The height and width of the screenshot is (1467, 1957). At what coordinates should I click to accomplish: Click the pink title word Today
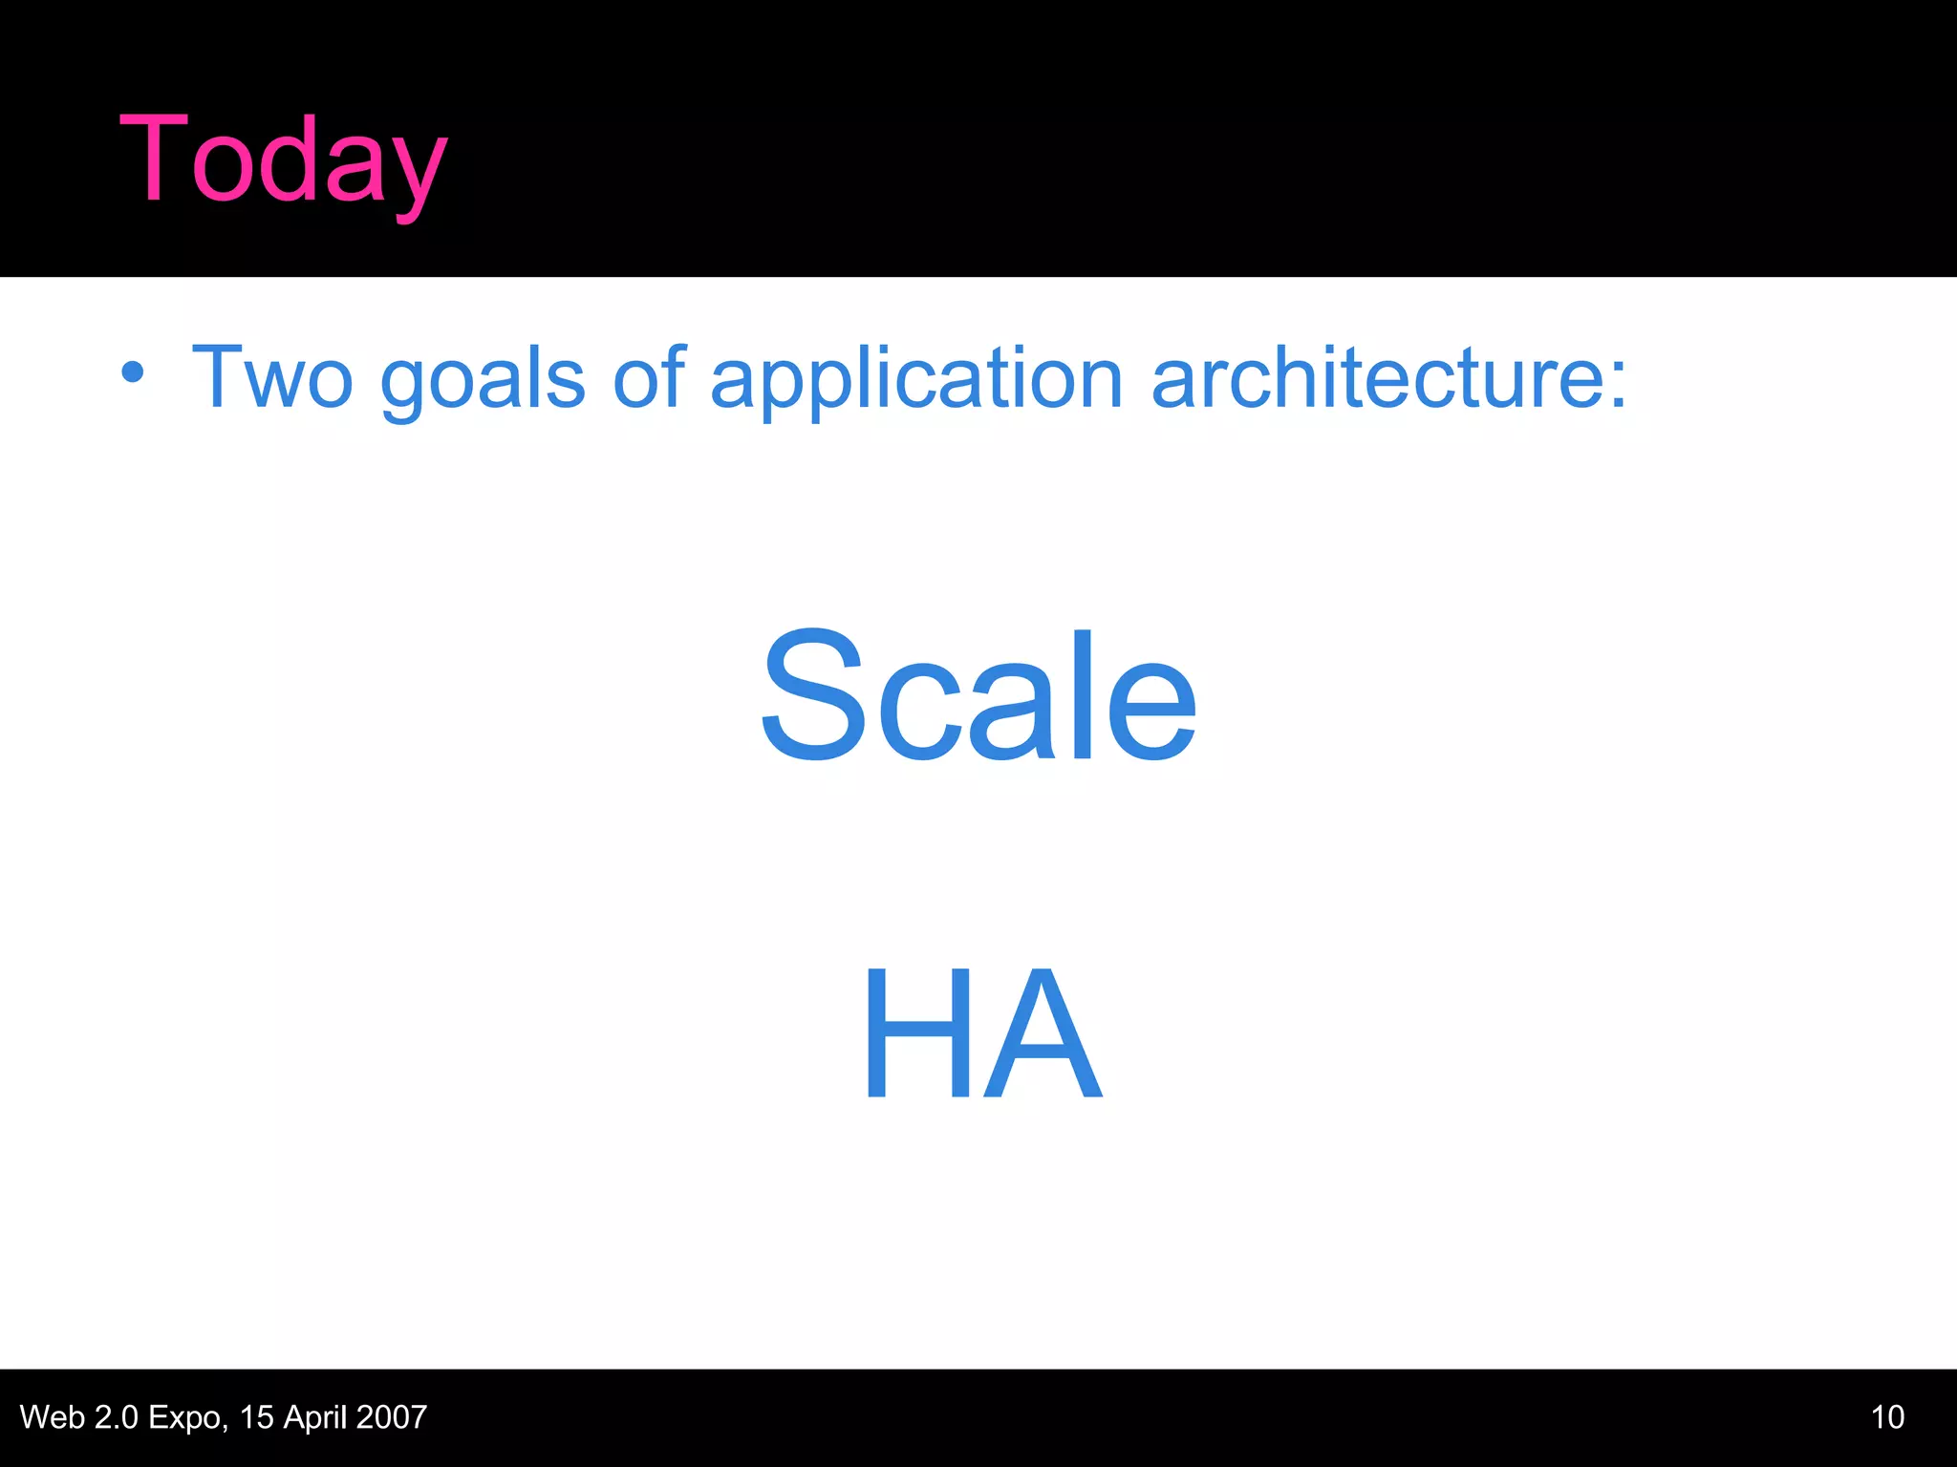(283, 160)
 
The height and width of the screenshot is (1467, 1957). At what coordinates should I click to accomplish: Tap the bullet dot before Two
(133, 372)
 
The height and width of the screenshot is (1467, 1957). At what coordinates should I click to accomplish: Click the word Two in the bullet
(272, 378)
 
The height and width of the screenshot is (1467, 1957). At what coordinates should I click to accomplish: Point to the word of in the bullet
(649, 376)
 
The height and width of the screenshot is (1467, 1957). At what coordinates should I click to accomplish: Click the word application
(916, 380)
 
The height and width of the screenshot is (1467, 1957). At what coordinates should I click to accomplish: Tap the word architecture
(1376, 378)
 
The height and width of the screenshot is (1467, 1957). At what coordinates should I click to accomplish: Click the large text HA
(982, 1033)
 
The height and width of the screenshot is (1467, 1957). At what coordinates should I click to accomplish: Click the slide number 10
(1887, 1417)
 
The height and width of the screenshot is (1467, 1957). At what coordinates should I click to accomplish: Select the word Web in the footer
(52, 1417)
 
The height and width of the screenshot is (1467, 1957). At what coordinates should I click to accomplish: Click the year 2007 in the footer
(391, 1417)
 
